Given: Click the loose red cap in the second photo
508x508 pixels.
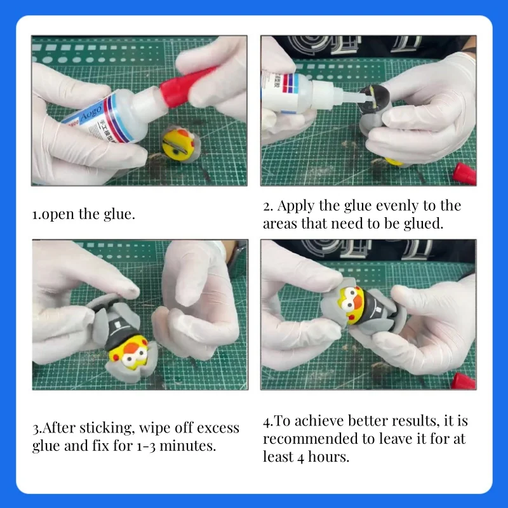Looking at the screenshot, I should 464,173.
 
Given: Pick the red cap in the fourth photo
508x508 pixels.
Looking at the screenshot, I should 464,381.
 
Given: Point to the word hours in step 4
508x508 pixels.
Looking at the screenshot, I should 324,457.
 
